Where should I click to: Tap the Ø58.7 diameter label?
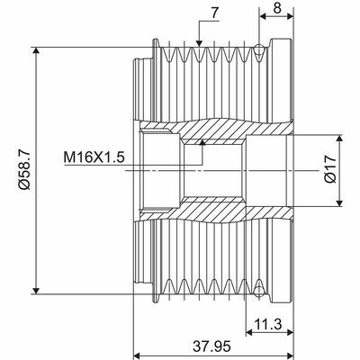20,167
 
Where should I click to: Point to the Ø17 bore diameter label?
331,168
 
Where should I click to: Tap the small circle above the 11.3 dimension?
259,290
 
